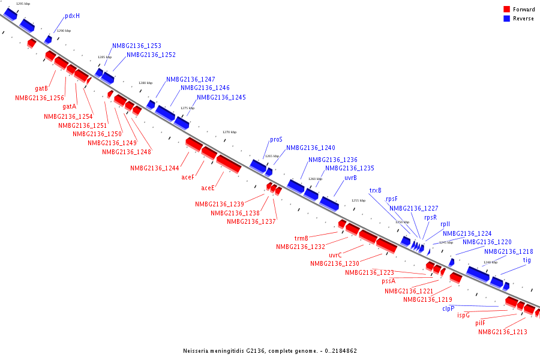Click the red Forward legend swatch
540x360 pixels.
(x=506, y=10)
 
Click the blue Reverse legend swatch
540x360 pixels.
(x=506, y=19)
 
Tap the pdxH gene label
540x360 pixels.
(x=72, y=16)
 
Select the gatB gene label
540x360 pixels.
(x=41, y=89)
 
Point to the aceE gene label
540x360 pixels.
(x=208, y=188)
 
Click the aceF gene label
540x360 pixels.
(x=188, y=177)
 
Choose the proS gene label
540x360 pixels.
(x=276, y=139)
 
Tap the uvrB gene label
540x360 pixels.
(x=350, y=178)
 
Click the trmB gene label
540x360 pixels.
(x=301, y=238)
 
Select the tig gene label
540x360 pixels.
(x=527, y=260)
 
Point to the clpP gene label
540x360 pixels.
(x=448, y=308)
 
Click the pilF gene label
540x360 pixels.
(x=480, y=323)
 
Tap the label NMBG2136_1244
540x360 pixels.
(x=154, y=168)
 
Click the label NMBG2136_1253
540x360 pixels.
(x=136, y=46)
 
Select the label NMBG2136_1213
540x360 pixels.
(x=502, y=332)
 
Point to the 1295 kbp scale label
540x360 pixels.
(x=23, y=4)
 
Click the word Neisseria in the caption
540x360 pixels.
(x=199, y=350)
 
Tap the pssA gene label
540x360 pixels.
(x=388, y=281)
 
